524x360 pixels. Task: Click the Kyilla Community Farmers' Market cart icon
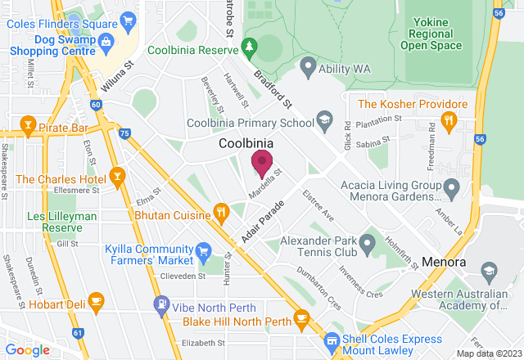(x=204, y=250)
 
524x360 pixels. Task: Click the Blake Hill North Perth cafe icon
(x=301, y=317)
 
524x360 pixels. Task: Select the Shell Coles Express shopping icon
(x=332, y=340)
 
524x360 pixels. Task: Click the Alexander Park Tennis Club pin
(x=368, y=242)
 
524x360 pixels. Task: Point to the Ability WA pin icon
(x=308, y=65)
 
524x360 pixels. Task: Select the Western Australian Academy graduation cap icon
(x=490, y=269)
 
